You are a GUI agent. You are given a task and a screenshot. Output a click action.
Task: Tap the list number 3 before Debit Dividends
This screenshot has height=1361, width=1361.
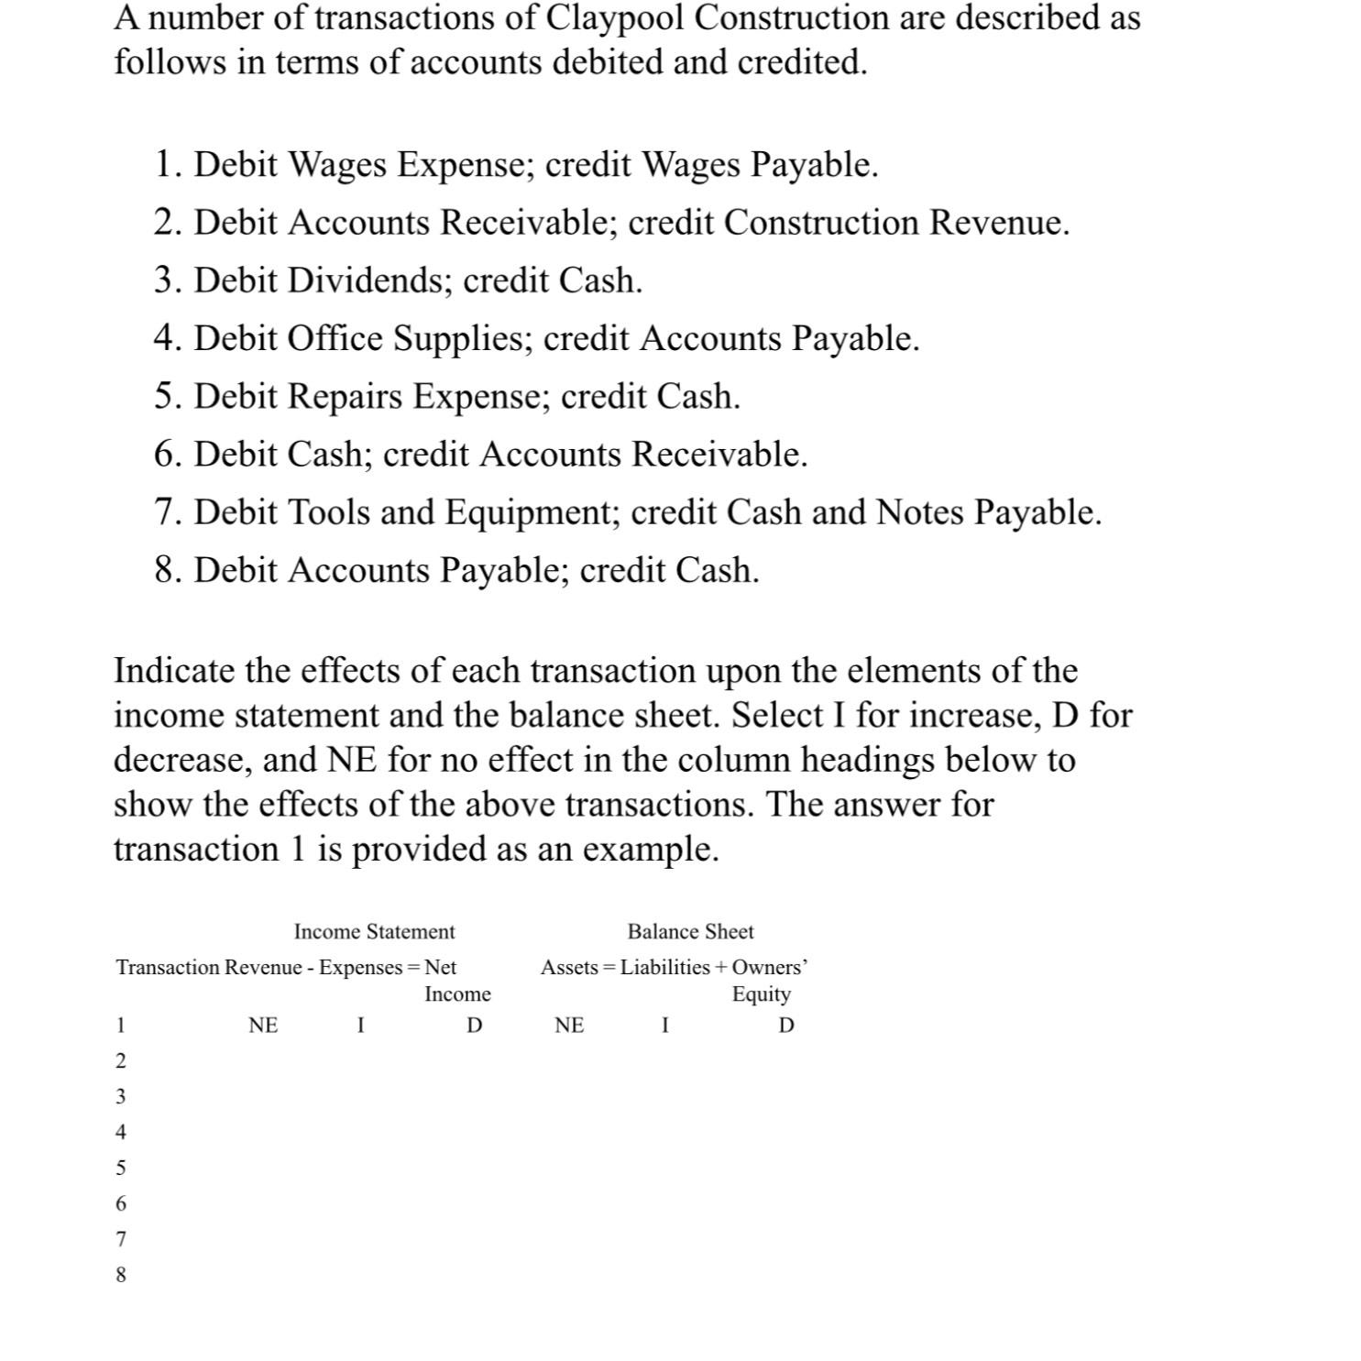pyautogui.click(x=164, y=280)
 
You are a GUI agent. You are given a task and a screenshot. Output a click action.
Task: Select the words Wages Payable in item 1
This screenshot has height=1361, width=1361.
pyautogui.click(x=759, y=165)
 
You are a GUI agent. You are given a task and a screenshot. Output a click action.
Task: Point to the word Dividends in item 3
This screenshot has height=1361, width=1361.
pyautogui.click(x=369, y=280)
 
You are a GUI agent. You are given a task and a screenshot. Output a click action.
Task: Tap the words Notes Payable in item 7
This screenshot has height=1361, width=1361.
pyautogui.click(x=988, y=512)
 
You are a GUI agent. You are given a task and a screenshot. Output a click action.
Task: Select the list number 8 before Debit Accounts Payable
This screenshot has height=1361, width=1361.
pyautogui.click(x=164, y=570)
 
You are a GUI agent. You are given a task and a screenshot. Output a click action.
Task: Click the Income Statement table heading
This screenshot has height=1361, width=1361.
pyautogui.click(x=374, y=931)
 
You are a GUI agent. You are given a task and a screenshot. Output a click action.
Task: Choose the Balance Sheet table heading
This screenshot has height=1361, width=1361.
pyautogui.click(x=690, y=931)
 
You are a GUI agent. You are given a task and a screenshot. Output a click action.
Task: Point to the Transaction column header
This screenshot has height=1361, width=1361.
pyautogui.click(x=169, y=967)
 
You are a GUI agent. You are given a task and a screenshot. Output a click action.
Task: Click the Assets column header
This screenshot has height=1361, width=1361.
pyautogui.click(x=569, y=967)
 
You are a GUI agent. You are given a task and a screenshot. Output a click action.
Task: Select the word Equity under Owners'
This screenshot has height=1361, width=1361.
pyautogui.click(x=761, y=993)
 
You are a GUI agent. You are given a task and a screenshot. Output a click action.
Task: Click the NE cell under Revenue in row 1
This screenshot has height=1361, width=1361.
pyautogui.click(x=263, y=1026)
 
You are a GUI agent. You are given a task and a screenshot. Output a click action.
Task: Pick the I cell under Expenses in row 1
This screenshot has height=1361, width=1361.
pyautogui.click(x=361, y=1026)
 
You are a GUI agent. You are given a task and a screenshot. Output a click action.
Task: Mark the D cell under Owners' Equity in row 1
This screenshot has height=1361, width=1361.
pyautogui.click(x=785, y=1026)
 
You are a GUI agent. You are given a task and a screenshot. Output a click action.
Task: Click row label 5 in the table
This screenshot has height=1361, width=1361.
pyautogui.click(x=120, y=1168)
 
